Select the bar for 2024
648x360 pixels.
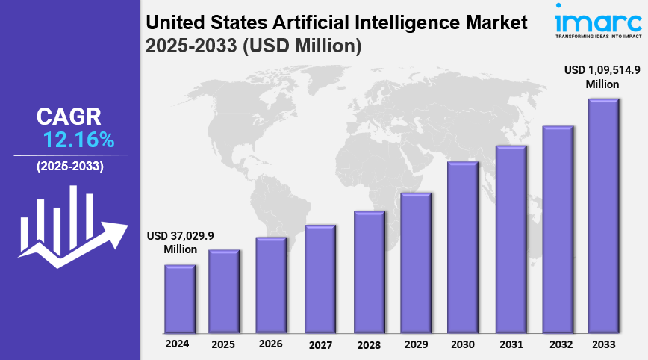pos(180,299)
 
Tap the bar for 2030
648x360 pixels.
pos(463,247)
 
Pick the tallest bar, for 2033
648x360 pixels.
pos(604,216)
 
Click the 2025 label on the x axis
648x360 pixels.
pos(223,344)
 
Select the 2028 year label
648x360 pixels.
pos(368,344)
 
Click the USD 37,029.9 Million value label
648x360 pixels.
pos(180,242)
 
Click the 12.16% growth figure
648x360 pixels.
pos(78,140)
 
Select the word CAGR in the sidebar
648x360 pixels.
pos(69,117)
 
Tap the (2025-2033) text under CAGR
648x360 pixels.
pos(70,166)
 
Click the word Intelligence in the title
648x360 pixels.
pos(396,23)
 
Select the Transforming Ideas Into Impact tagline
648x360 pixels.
pos(599,35)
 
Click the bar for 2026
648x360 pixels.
pos(271,285)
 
